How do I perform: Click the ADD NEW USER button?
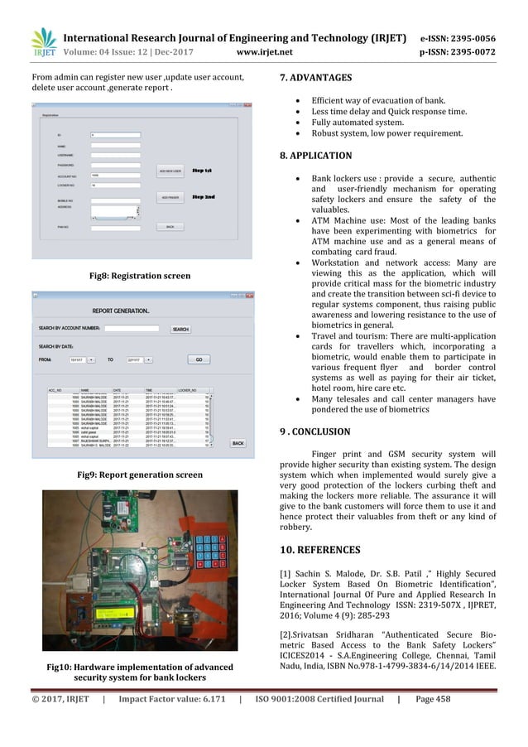pos(170,171)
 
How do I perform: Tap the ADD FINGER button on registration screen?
pos(170,198)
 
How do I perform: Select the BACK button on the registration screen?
pos(170,226)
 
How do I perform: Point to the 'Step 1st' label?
pos(204,171)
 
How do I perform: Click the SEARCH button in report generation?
pos(180,329)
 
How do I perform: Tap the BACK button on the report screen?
pos(238,443)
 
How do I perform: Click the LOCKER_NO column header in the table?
pos(188,388)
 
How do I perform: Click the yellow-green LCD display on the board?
pos(117,614)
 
